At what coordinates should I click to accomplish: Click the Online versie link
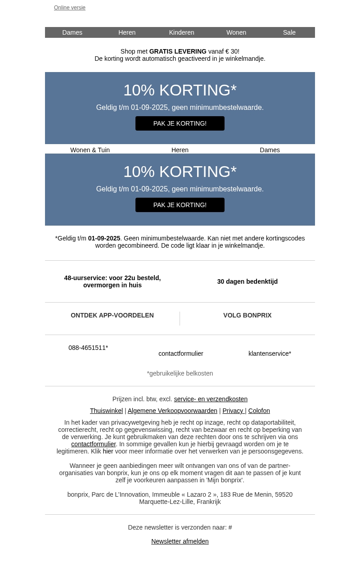[70, 8]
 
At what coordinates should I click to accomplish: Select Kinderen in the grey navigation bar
[181, 32]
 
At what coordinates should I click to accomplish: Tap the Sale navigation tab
[289, 32]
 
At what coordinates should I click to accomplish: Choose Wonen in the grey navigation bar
[236, 32]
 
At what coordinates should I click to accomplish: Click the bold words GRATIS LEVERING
[178, 51]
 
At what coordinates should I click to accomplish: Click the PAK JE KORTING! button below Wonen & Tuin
[180, 205]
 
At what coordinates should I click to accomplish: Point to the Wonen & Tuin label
[90, 150]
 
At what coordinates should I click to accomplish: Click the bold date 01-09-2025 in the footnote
[104, 238]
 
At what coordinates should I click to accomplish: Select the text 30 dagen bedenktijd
[247, 281]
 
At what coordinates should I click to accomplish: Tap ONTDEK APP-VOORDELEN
[112, 315]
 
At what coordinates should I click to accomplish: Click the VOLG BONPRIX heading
[247, 315]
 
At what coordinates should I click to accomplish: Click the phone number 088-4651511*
[88, 348]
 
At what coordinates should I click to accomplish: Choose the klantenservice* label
[270, 354]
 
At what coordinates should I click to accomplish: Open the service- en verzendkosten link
[211, 399]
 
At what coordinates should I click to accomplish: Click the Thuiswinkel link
[106, 411]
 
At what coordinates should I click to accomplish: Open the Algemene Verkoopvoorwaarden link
[172, 411]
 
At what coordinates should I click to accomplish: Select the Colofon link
[259, 411]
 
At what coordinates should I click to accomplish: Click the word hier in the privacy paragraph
[108, 451]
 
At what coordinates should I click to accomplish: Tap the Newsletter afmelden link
[180, 541]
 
